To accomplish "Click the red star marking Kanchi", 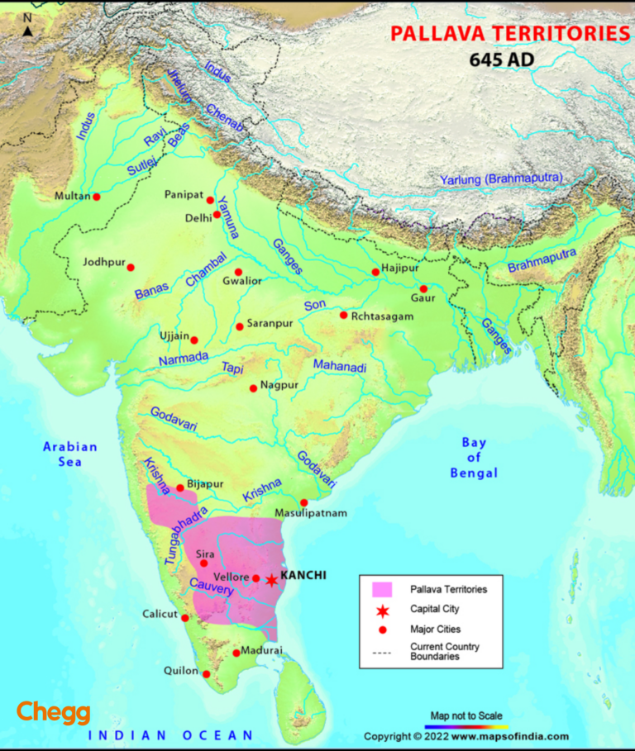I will tap(271, 579).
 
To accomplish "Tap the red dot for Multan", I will tap(97, 197).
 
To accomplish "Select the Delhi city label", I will tap(198, 218).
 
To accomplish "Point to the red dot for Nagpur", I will tap(253, 387).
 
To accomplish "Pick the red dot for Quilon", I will tap(206, 674).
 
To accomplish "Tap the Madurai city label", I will tap(263, 650).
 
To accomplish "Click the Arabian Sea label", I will tap(70, 454).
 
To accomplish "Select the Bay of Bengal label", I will tap(474, 458).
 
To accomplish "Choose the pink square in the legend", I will tap(382, 589).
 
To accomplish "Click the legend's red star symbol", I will tap(382, 610).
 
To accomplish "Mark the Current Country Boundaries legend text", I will tap(444, 651).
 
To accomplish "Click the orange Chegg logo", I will tap(54, 712).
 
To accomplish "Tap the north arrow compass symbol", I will tap(27, 31).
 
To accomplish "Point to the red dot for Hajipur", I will tap(375, 272).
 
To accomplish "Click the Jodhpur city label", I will tap(103, 263).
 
